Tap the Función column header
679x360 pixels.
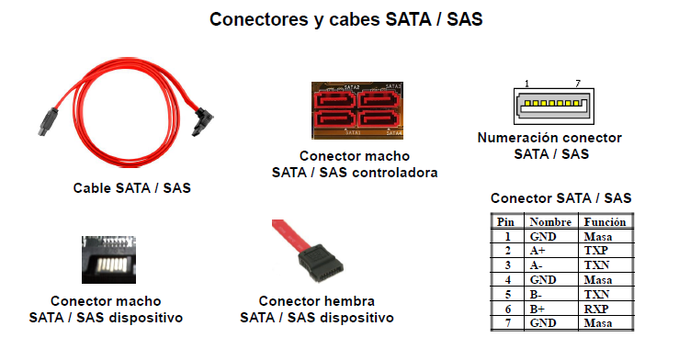(x=605, y=221)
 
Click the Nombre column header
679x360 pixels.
(x=550, y=221)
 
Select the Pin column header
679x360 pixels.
(x=505, y=221)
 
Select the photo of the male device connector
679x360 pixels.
(x=108, y=263)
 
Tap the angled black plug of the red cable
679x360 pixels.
(x=205, y=121)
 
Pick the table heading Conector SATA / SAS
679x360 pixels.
(x=560, y=197)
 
